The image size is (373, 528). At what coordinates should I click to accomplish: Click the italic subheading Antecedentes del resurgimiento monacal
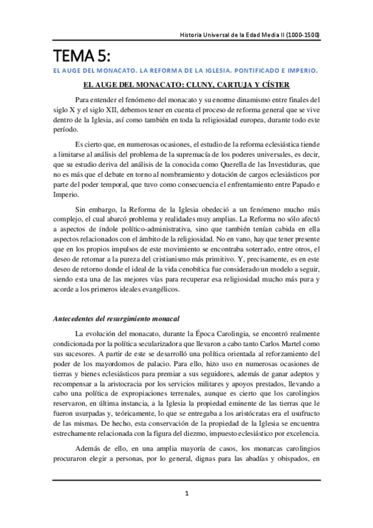(117, 319)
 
